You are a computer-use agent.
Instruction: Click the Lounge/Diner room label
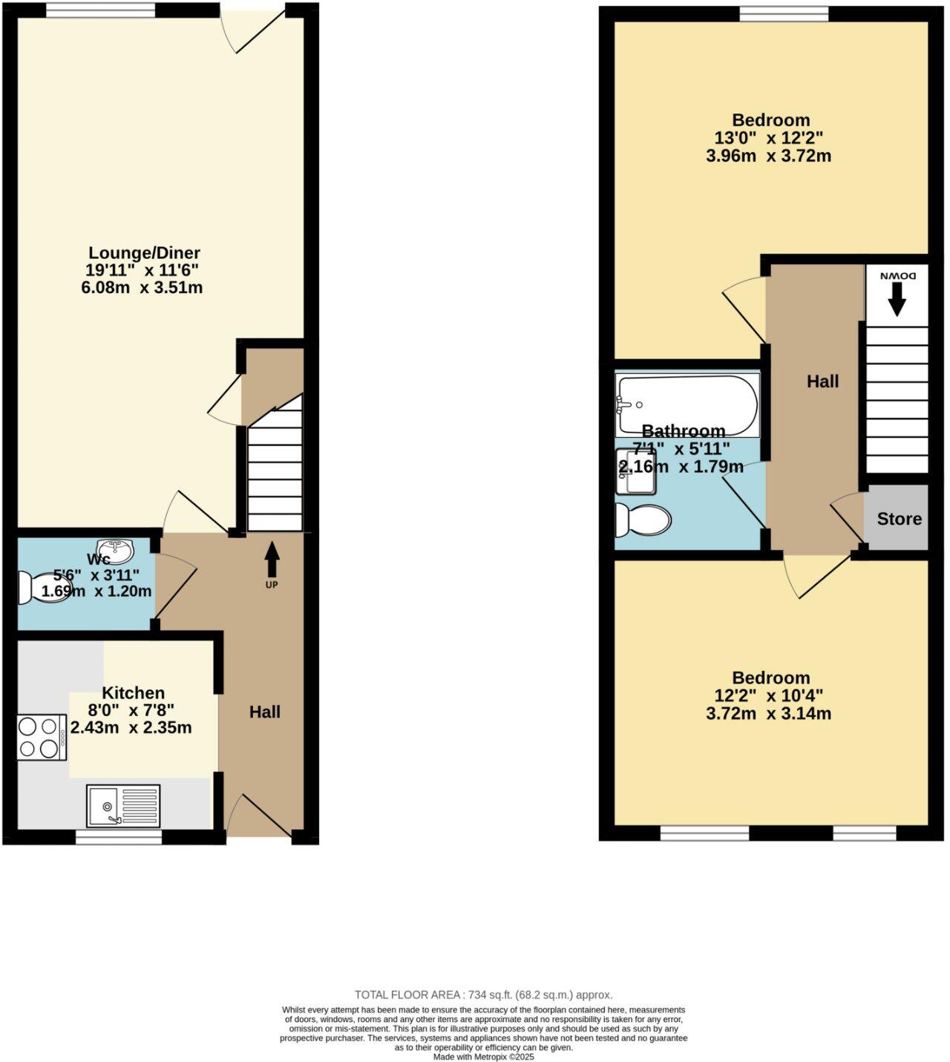point(144,253)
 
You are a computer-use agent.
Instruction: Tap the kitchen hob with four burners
point(42,737)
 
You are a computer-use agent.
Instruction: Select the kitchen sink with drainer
point(123,806)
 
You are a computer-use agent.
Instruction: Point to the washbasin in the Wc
point(116,551)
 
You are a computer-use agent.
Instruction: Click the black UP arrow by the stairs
point(272,560)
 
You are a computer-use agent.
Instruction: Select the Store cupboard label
point(899,519)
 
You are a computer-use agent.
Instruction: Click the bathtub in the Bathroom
point(687,404)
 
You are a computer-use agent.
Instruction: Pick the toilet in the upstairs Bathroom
point(643,519)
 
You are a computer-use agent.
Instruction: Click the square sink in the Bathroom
point(635,472)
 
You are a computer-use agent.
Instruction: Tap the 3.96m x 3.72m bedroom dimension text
point(768,156)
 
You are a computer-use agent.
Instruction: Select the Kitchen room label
point(133,692)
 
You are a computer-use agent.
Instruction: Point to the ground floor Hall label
point(264,712)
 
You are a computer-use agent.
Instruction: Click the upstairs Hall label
point(822,381)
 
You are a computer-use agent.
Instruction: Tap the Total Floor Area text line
point(483,995)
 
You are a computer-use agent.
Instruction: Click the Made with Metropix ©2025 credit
point(483,1057)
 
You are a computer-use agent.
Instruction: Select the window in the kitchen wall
point(119,836)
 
